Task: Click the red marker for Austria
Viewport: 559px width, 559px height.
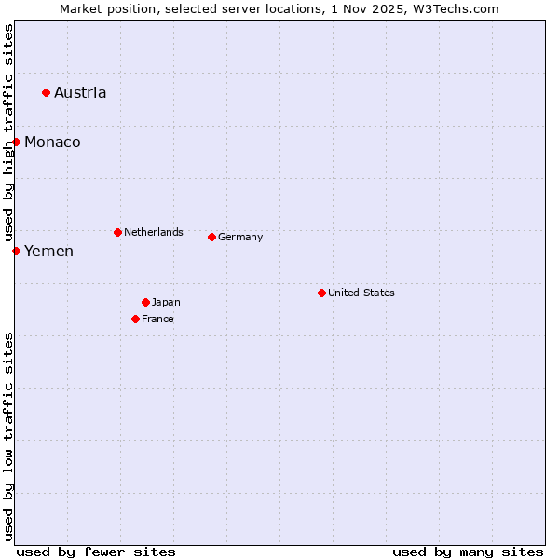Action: (x=46, y=92)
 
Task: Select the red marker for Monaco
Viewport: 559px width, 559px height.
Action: (x=16, y=142)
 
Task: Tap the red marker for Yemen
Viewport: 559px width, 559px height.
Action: (x=16, y=251)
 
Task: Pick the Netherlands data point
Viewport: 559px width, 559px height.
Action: (x=117, y=232)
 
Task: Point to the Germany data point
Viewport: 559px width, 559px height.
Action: (x=211, y=237)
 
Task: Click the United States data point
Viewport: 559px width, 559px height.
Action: (x=321, y=293)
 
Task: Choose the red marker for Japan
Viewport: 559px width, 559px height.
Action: (x=145, y=302)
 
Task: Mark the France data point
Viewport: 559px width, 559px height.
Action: (x=135, y=319)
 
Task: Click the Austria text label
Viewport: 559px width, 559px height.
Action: (x=80, y=92)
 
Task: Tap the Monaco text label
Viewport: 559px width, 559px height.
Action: (x=52, y=142)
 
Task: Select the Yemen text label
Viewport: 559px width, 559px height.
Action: (x=48, y=251)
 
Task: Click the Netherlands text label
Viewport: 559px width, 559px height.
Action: (x=154, y=232)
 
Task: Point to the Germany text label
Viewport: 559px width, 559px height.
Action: (x=240, y=237)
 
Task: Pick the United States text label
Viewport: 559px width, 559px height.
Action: (x=361, y=293)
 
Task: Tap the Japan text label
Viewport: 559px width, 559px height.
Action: (x=166, y=302)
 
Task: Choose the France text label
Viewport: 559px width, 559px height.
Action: (x=157, y=319)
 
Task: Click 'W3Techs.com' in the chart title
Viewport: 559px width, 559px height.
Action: (x=456, y=8)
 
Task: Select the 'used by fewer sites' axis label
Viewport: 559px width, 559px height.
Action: (x=96, y=552)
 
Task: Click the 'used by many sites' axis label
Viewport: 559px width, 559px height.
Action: (x=468, y=552)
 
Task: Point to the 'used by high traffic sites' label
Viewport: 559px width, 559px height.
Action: (x=8, y=134)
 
